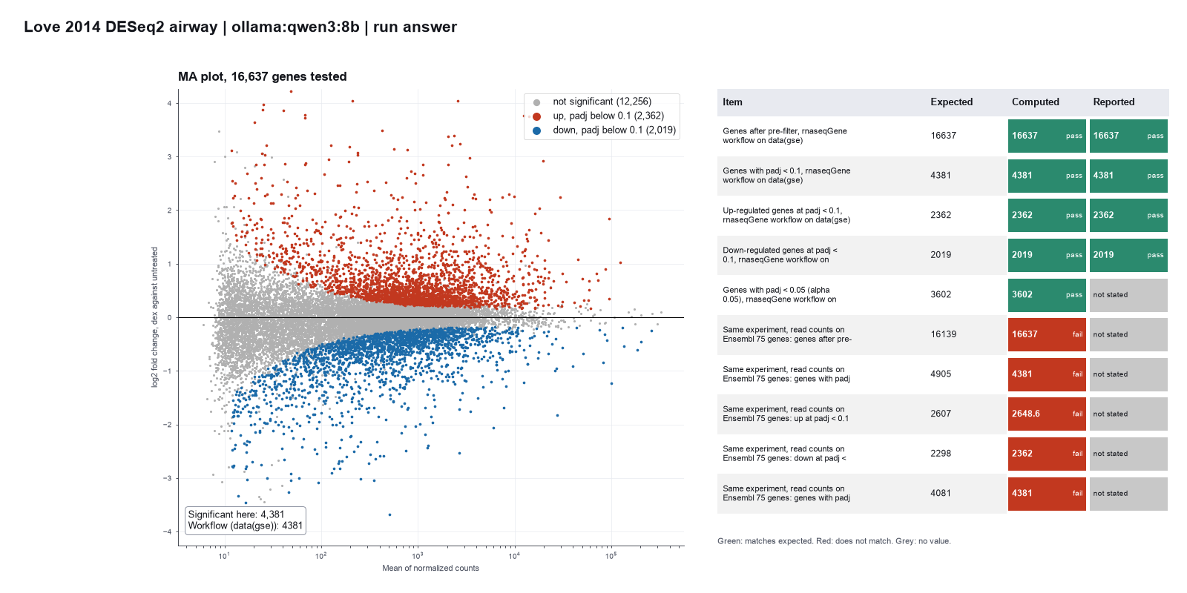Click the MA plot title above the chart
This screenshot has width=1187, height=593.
click(263, 77)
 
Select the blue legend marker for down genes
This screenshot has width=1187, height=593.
click(537, 130)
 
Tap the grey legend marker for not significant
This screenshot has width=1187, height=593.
click(537, 102)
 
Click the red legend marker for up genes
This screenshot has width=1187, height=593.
click(537, 116)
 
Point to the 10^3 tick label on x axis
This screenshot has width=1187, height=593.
click(418, 555)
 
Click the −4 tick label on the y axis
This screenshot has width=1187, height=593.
click(168, 531)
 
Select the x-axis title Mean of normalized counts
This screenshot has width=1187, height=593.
click(430, 568)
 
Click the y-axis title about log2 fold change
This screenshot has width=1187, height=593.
click(155, 317)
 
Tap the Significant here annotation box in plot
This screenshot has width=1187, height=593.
click(246, 520)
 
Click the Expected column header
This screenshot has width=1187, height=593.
click(951, 102)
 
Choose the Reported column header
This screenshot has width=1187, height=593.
click(1114, 102)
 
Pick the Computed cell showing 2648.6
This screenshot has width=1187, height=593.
click(1047, 414)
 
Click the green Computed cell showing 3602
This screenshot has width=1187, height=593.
click(1047, 294)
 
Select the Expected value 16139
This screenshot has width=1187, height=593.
click(943, 334)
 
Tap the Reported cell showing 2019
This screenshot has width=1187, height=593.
click(1128, 255)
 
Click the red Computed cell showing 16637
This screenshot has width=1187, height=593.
click(1047, 334)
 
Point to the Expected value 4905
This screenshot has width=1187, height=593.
click(941, 374)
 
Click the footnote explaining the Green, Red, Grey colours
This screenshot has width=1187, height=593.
click(834, 541)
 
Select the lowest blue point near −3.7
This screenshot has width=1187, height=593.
click(390, 514)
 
